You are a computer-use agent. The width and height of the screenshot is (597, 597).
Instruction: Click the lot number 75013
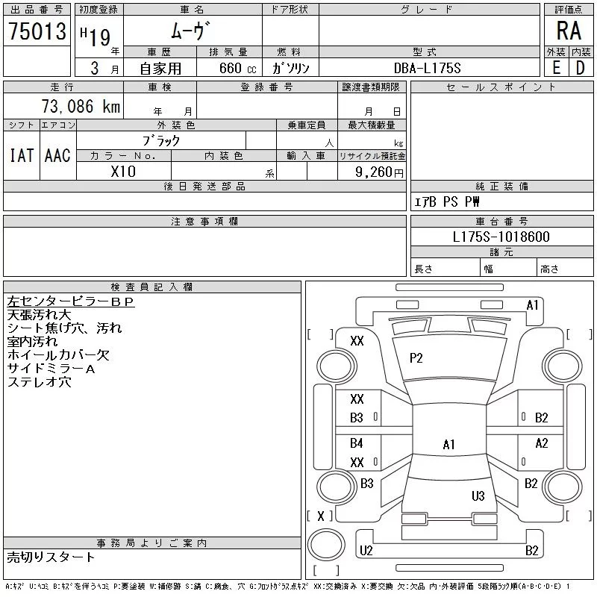tap(37, 31)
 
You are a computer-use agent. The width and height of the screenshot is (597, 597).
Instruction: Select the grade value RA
tap(569, 31)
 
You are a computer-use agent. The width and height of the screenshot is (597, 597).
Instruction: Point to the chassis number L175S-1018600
tap(501, 237)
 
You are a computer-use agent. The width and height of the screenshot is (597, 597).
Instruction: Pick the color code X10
tap(123, 171)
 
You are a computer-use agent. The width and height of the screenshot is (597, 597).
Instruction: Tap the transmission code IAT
tap(21, 155)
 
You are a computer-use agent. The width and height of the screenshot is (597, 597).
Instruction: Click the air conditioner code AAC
tap(57, 155)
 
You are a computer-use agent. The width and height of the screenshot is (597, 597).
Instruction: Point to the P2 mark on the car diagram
tap(416, 358)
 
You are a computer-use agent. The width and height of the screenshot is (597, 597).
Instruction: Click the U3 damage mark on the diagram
tap(478, 496)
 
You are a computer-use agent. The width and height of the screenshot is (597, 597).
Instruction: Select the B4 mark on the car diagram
tap(357, 443)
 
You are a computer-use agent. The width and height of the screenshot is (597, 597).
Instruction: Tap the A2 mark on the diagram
tap(542, 443)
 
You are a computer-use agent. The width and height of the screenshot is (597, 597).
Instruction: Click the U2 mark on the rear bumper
tap(366, 551)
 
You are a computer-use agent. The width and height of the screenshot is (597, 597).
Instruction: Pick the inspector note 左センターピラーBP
tap(70, 301)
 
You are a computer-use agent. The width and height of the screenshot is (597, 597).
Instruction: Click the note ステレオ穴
tap(39, 382)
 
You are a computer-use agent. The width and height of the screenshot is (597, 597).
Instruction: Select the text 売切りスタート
tap(51, 557)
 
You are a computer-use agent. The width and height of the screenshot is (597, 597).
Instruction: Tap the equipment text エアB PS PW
tap(448, 202)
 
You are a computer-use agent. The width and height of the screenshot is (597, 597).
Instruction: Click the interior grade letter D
tap(581, 68)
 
